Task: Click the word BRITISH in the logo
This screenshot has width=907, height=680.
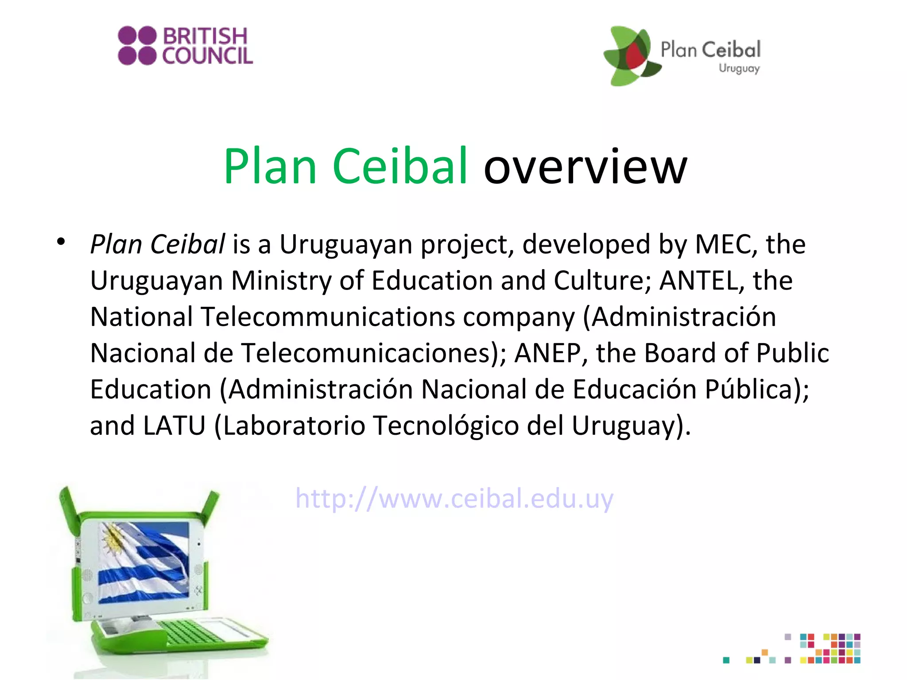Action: (x=205, y=36)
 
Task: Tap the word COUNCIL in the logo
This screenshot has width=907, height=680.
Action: (x=207, y=56)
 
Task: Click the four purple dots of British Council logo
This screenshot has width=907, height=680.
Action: (x=137, y=46)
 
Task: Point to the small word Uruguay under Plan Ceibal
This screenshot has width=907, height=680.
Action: (x=739, y=68)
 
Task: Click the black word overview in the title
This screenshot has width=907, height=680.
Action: (x=585, y=167)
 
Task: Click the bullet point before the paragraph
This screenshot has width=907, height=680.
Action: (x=61, y=242)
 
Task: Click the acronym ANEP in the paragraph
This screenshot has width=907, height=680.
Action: (x=547, y=353)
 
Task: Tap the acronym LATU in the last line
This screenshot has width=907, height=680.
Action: (x=174, y=426)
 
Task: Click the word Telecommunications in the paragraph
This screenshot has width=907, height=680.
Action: (x=328, y=317)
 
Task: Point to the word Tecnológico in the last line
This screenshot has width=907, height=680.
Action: (x=446, y=426)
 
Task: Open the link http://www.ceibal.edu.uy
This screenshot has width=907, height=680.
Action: (x=454, y=498)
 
